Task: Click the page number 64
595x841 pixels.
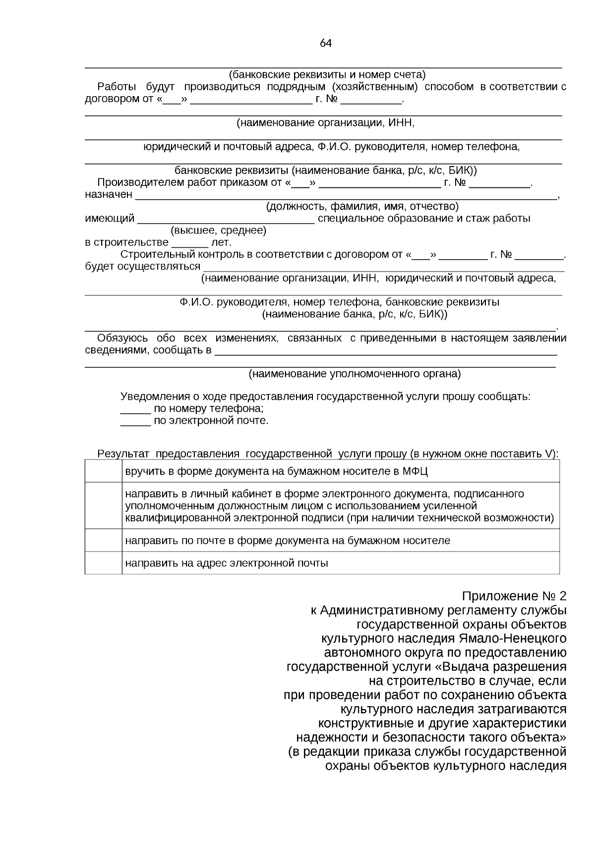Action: pos(325,43)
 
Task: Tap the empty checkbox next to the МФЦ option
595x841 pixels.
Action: pos(103,471)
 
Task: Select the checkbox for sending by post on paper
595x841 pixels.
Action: pos(103,540)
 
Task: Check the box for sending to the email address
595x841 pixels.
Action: pos(103,563)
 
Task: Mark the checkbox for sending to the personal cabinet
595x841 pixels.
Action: pos(103,505)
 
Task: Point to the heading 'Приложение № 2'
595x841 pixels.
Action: pos(514,596)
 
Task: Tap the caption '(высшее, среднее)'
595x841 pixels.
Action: pos(218,230)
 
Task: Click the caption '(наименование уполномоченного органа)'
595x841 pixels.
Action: pos(354,374)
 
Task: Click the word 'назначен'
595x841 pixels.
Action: pos(109,194)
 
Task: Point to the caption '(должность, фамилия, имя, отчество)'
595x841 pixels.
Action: pos(362,206)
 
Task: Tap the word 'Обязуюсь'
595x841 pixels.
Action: pos(122,338)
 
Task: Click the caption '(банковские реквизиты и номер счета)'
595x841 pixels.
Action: pos(327,75)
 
